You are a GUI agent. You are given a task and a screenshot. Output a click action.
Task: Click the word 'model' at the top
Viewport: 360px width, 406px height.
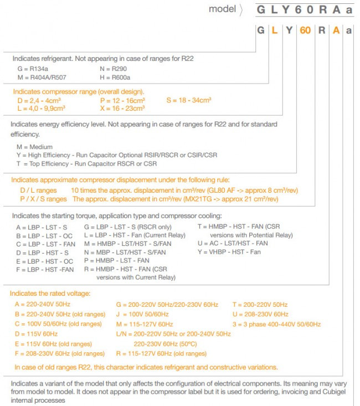(222, 9)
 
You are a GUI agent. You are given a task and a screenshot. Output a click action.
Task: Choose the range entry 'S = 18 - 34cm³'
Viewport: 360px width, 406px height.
(188, 100)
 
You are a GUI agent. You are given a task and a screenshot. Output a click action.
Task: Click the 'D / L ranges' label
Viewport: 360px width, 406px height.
(38, 190)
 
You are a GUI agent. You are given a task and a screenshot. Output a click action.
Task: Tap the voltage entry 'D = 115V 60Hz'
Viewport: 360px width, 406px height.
(36, 334)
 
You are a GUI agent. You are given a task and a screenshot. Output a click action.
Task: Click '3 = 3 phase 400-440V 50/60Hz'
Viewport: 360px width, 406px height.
(276, 324)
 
